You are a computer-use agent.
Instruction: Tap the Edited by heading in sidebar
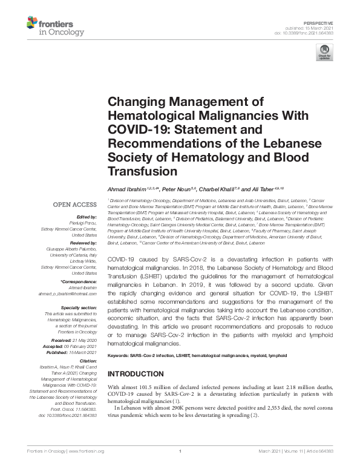click(x=85, y=217)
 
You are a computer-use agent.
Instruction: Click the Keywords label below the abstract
click(x=121, y=355)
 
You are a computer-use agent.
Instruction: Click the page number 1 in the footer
click(x=180, y=451)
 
